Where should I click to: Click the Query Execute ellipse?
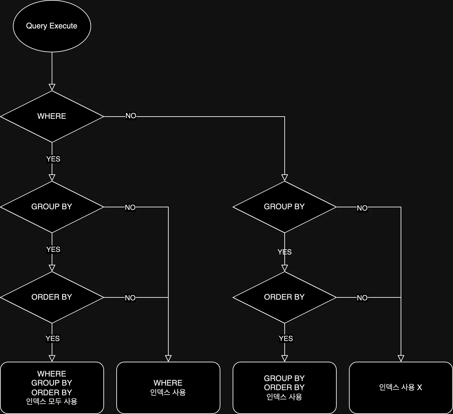[x=52, y=26]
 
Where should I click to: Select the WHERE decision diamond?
[x=52, y=116]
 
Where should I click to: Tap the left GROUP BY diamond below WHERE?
[x=52, y=207]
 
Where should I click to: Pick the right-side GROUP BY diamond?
[x=284, y=207]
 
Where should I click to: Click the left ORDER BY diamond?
[x=52, y=297]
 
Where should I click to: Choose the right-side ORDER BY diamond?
[x=284, y=297]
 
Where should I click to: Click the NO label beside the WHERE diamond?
[x=131, y=116]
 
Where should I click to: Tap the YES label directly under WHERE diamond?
[x=53, y=159]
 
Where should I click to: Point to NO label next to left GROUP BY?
[x=130, y=207]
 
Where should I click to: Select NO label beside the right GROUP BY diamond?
[x=362, y=208]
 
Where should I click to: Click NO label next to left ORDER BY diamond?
[x=130, y=298]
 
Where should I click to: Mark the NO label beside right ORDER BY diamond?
[x=362, y=298]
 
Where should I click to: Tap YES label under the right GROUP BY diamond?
[x=285, y=252]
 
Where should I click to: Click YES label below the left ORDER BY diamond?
[x=53, y=338]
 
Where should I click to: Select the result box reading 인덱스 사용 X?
[x=401, y=388]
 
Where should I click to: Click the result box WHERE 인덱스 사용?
[x=168, y=388]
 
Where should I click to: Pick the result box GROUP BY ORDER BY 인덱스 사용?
[x=284, y=388]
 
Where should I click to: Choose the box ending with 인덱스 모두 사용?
[x=52, y=388]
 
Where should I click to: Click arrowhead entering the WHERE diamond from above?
[x=52, y=87]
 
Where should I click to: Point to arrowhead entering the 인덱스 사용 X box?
[x=401, y=358]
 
